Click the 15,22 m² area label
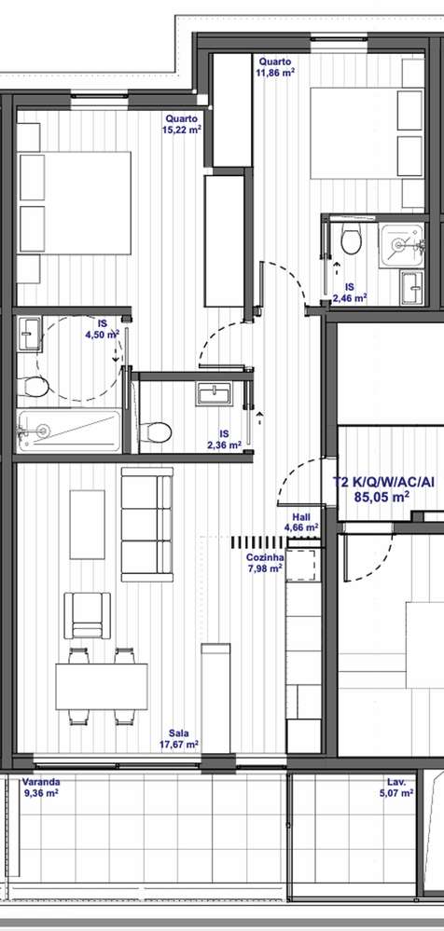tap(182, 130)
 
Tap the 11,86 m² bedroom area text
tap(276, 73)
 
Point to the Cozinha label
tap(265, 557)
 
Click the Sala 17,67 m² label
tap(179, 739)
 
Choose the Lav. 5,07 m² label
tap(397, 787)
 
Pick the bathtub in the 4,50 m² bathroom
tap(70, 431)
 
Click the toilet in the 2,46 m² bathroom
tap(352, 240)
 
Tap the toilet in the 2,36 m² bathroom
tap(156, 431)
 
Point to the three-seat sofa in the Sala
tap(147, 525)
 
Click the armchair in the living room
tap(88, 615)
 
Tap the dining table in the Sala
tap(102, 687)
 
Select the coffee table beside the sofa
tap(88, 525)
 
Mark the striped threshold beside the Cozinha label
tap(258, 541)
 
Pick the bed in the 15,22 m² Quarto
tap(75, 203)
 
